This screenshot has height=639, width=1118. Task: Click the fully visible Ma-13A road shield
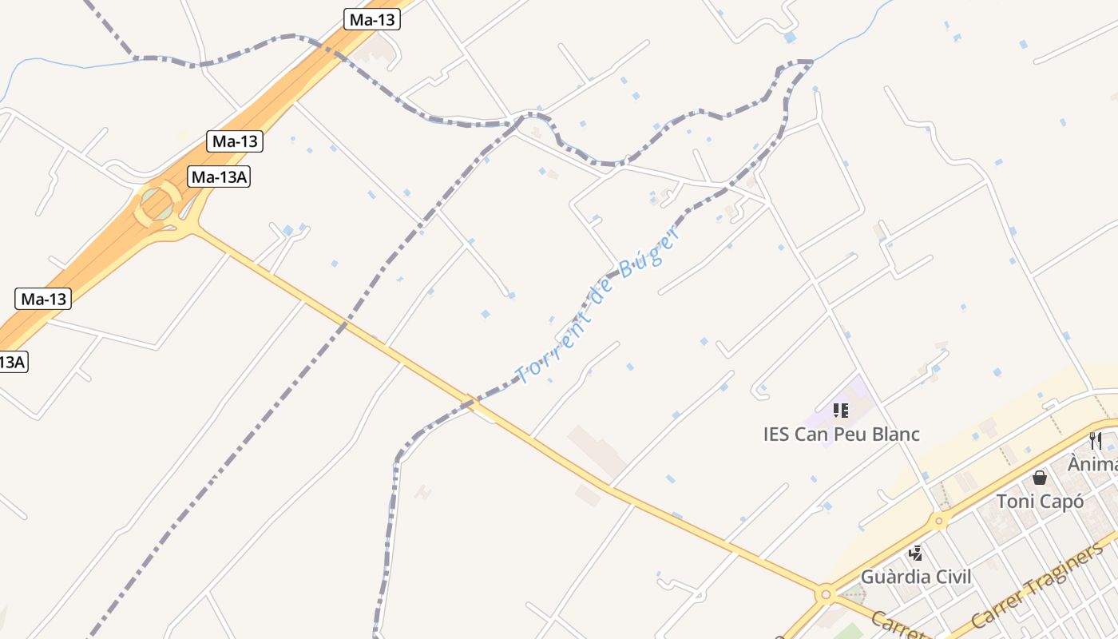(x=219, y=177)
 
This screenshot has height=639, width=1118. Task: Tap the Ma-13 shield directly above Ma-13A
(x=235, y=142)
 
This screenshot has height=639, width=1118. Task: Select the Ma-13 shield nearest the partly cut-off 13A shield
(x=43, y=300)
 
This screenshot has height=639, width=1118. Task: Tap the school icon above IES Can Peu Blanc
(x=840, y=411)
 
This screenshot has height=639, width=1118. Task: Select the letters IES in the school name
(x=777, y=435)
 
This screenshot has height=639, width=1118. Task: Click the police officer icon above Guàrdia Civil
(x=915, y=553)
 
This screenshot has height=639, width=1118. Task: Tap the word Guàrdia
(x=893, y=577)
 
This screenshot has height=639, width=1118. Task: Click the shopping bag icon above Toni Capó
(x=1039, y=478)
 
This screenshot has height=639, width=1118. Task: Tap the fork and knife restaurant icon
(x=1095, y=440)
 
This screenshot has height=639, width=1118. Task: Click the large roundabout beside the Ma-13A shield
(x=158, y=205)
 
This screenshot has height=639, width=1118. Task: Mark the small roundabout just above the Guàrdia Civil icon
(x=939, y=522)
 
